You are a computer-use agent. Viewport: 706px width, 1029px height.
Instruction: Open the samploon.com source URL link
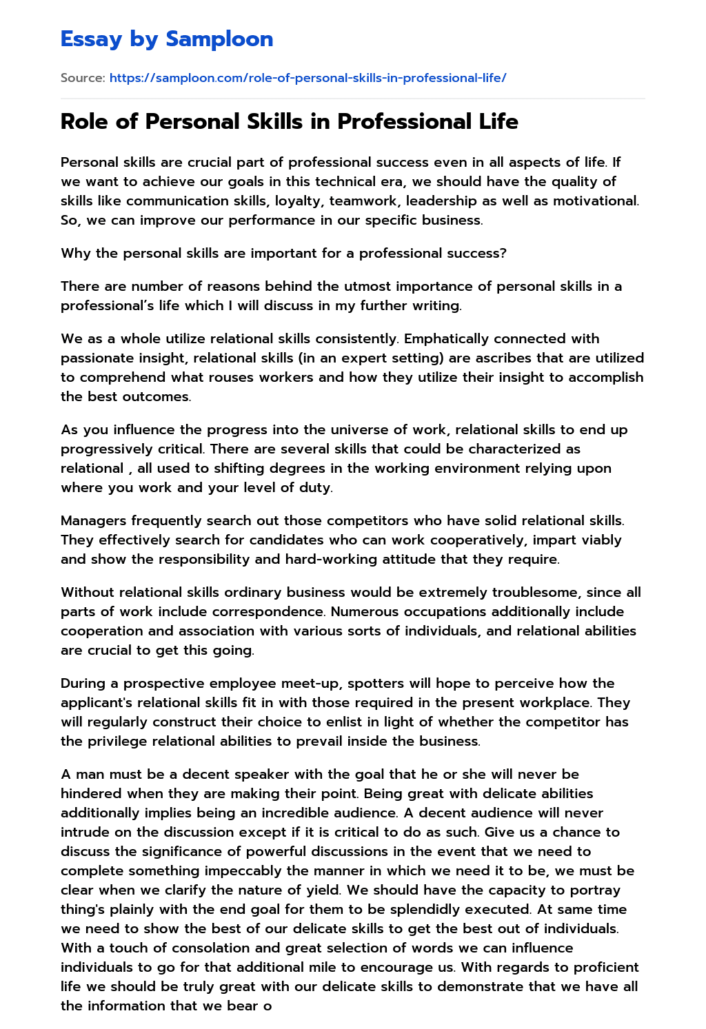tap(307, 78)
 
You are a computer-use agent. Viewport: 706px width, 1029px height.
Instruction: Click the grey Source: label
tap(83, 78)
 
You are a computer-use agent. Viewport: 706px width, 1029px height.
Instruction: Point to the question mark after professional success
tap(503, 253)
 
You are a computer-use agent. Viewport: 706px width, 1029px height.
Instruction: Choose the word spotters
tap(376, 683)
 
